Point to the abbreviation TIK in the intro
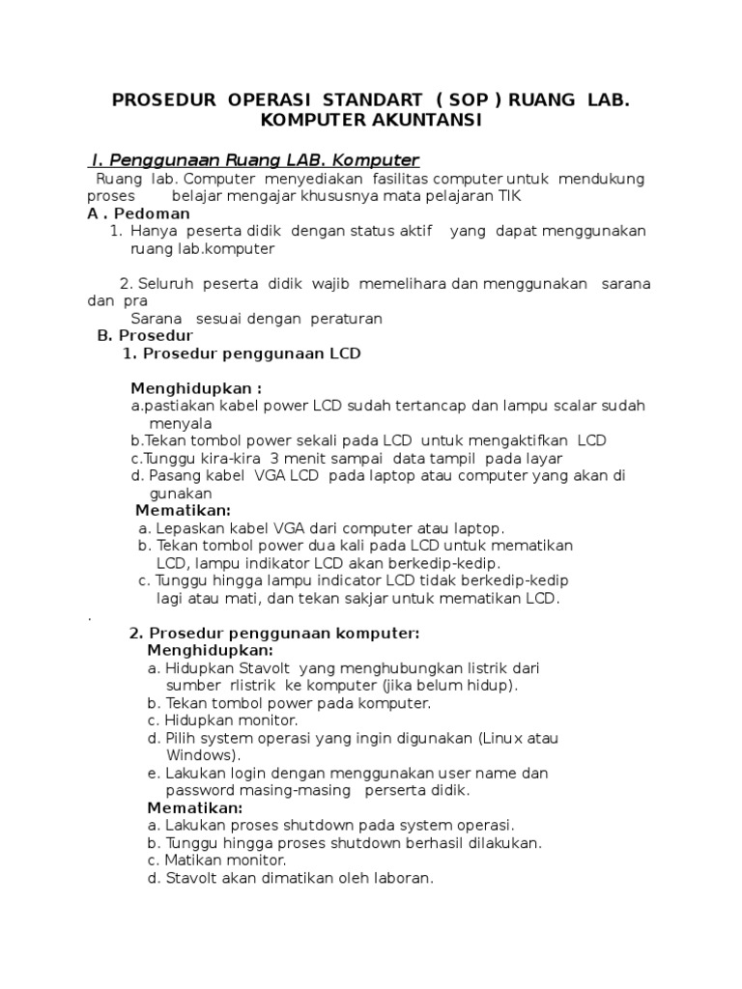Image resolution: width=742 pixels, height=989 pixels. pos(509,196)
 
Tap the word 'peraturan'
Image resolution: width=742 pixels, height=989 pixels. pos(345,318)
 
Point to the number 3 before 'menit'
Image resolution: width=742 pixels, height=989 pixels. pos(274,458)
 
